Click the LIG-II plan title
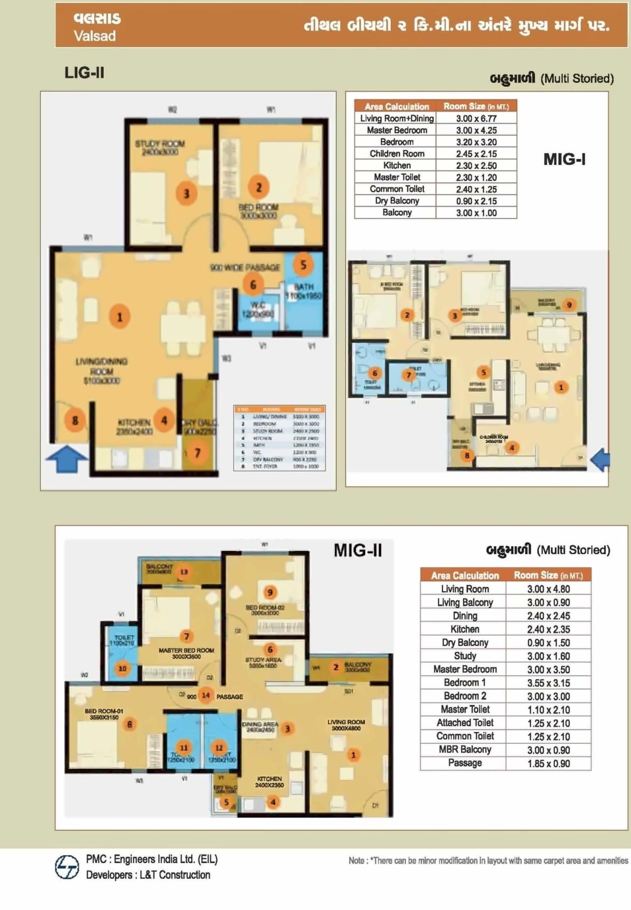point(84,72)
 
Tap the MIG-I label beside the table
point(564,159)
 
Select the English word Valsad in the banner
point(95,36)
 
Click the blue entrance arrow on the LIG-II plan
point(66,459)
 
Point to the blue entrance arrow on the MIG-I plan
point(600,459)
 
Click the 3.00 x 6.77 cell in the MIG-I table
point(476,118)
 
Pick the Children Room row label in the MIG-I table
point(397,153)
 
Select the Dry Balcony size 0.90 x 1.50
point(548,643)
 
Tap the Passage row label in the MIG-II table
point(464,763)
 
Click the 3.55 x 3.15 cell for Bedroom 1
point(548,683)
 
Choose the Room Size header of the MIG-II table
point(548,575)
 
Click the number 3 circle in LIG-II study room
point(186,193)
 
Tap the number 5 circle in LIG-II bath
point(303,265)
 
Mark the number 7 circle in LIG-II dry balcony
point(197,453)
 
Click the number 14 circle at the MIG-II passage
point(206,695)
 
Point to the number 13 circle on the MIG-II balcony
point(184,572)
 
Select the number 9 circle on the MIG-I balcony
point(569,305)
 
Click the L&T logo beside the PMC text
point(67,867)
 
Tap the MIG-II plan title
point(357,550)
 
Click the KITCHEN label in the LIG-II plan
point(134,422)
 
